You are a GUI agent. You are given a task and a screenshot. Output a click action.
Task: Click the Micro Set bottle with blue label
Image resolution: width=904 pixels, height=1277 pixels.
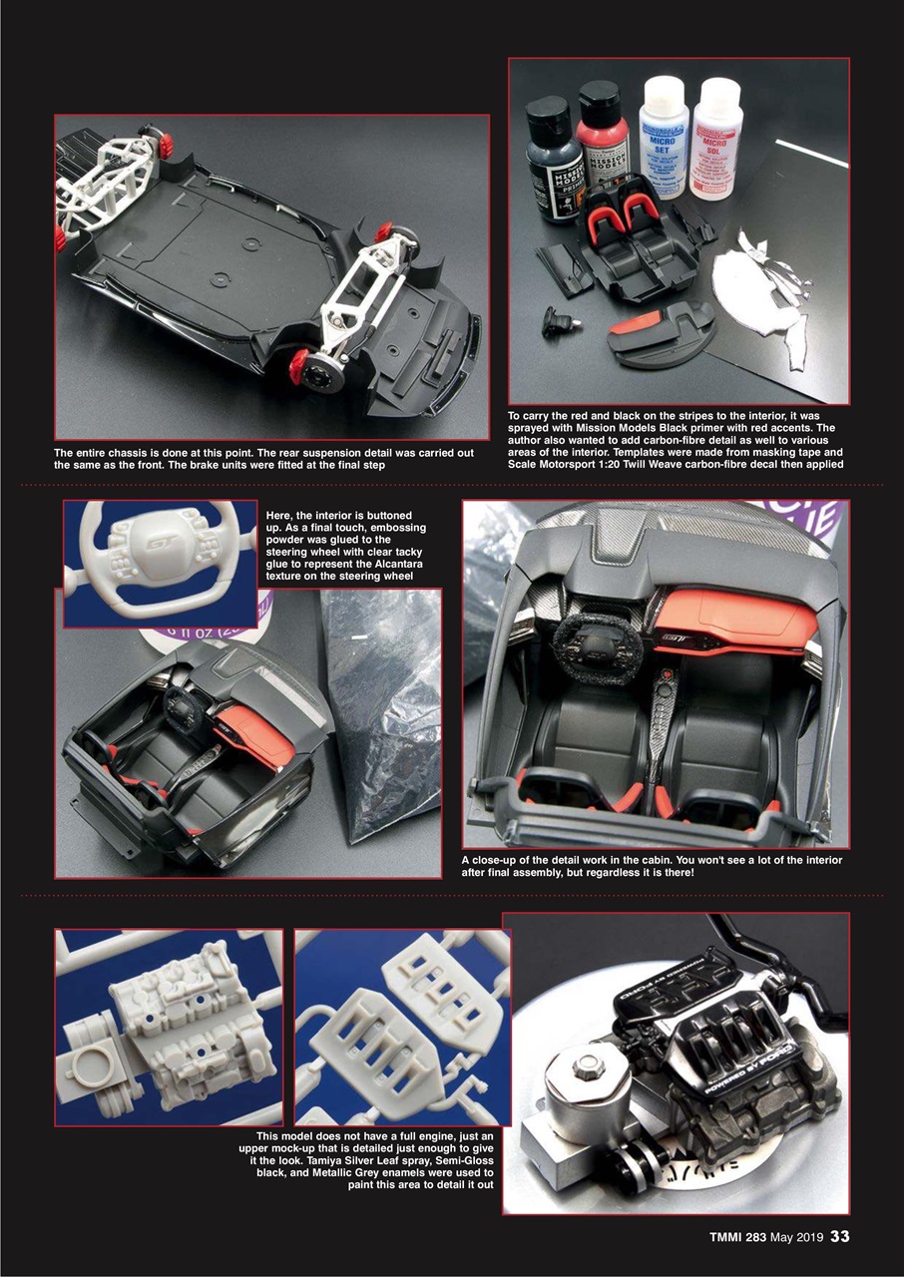(664, 140)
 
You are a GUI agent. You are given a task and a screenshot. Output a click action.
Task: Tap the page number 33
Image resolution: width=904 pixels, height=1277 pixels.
(839, 1236)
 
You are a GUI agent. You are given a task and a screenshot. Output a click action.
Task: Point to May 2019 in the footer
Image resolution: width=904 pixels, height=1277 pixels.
(796, 1237)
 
